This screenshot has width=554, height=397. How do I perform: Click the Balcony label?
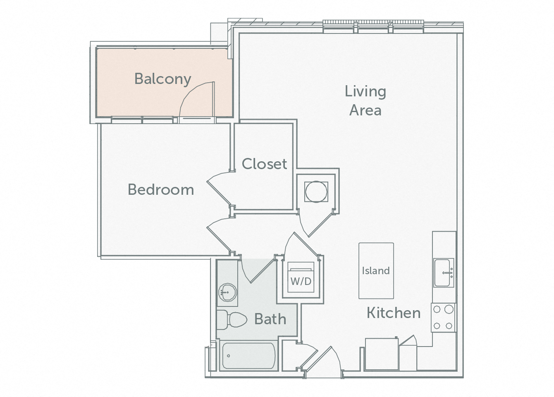pyautogui.click(x=163, y=79)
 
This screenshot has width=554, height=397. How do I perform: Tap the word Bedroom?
pyautogui.click(x=161, y=189)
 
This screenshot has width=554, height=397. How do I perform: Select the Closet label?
pyautogui.click(x=264, y=164)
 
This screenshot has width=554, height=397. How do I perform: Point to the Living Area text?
pyautogui.click(x=365, y=100)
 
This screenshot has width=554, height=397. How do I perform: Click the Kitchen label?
pyautogui.click(x=394, y=313)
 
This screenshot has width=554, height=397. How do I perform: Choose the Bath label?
pyautogui.click(x=270, y=319)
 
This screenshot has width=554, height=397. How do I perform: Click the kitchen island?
pyautogui.click(x=376, y=270)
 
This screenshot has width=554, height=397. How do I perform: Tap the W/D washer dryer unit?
pyautogui.click(x=301, y=277)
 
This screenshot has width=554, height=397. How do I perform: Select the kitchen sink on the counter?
pyautogui.click(x=444, y=273)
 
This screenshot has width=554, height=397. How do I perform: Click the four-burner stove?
pyautogui.click(x=443, y=318)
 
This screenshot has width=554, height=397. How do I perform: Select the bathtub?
pyautogui.click(x=248, y=356)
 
